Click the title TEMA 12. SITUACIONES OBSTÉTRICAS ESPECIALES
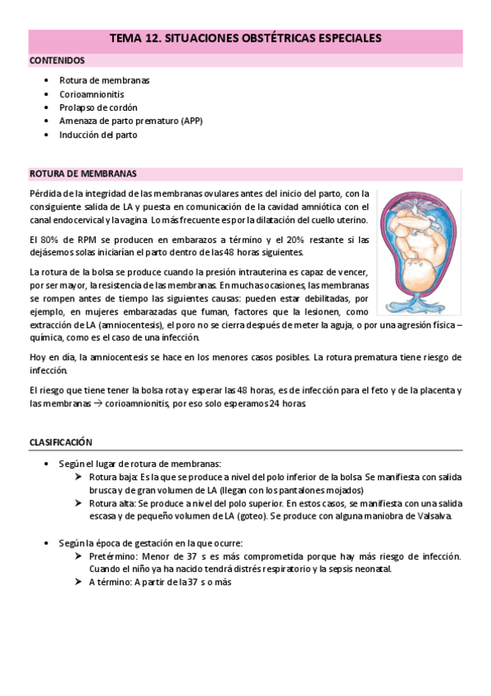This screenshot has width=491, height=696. coord(245,39)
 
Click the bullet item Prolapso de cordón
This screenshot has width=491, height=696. coord(98,108)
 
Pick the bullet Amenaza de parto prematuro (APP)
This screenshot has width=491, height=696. coord(130,121)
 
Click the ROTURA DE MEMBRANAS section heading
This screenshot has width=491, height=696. coord(83,173)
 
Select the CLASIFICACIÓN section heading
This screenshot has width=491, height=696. coord(61,442)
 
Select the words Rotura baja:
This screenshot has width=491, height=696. coord(113,477)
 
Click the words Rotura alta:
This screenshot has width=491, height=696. coord(112,503)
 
